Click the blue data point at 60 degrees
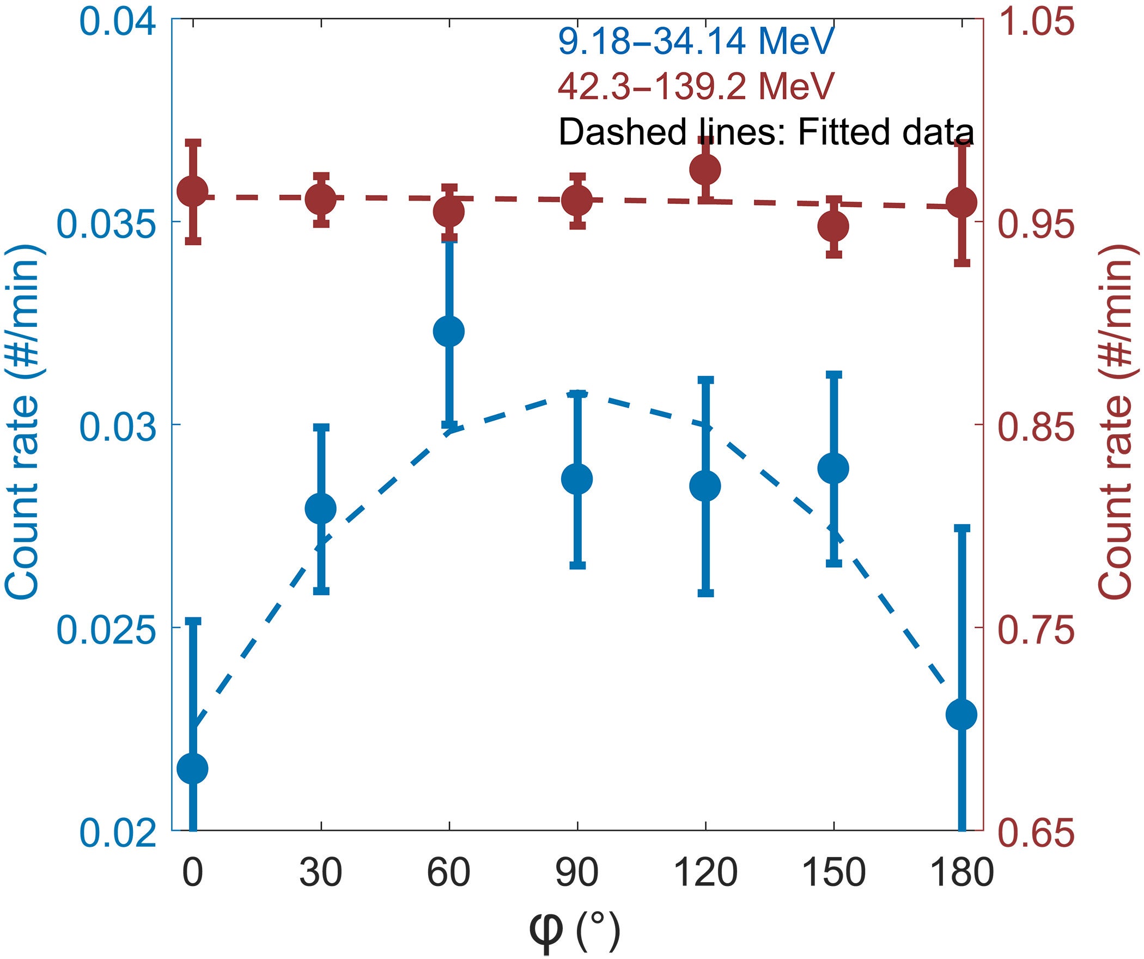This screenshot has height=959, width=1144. (x=448, y=331)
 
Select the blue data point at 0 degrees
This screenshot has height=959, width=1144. (x=193, y=768)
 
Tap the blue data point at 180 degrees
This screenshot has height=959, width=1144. (x=962, y=714)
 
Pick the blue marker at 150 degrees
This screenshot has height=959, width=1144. (x=833, y=468)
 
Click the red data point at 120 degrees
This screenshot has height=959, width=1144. (x=705, y=169)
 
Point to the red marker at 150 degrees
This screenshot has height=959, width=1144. (x=833, y=226)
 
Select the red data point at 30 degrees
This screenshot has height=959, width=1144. (x=320, y=199)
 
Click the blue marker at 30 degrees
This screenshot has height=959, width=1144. (x=320, y=508)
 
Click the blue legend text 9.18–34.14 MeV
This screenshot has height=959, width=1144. (x=696, y=41)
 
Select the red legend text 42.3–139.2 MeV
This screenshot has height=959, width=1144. (x=696, y=86)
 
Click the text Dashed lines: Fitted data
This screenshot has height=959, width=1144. (x=765, y=132)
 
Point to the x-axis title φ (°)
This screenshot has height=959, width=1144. (x=574, y=931)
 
